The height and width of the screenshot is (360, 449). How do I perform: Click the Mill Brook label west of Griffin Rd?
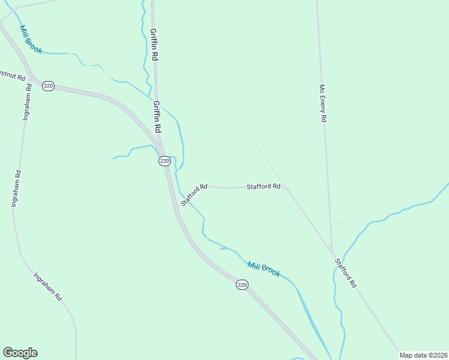[31, 40]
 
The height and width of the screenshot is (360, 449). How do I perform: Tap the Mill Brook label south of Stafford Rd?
[264, 268]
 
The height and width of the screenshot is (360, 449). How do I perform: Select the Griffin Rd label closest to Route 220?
[157, 117]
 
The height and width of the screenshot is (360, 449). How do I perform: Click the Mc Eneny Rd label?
[322, 103]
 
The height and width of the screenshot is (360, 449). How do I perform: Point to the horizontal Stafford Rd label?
[264, 187]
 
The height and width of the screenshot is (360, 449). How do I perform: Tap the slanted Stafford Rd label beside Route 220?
[194, 194]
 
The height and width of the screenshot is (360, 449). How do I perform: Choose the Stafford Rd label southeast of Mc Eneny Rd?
[345, 273]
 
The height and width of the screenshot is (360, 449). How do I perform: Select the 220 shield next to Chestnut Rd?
[49, 86]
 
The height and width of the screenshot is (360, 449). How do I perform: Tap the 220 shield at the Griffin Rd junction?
[164, 161]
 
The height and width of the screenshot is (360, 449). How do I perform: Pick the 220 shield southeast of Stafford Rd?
[241, 285]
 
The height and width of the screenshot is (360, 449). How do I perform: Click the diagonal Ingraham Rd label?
[47, 287]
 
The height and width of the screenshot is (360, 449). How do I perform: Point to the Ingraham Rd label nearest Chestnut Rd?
[27, 102]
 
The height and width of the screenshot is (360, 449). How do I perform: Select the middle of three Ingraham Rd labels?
[16, 189]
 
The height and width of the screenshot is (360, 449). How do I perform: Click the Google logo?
[20, 352]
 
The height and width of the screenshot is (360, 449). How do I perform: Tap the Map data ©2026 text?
[423, 355]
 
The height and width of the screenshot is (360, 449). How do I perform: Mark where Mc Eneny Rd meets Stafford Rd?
[331, 248]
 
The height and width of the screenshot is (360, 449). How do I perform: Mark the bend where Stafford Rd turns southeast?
[285, 187]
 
